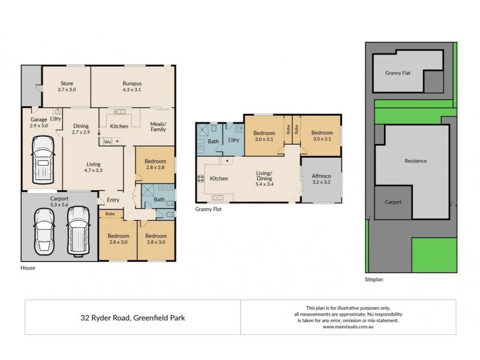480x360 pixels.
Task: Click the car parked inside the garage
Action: click(x=42, y=160)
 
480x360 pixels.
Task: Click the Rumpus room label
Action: click(x=132, y=83)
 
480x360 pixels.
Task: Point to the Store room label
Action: click(x=66, y=83)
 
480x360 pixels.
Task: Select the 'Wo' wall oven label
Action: click(x=107, y=142)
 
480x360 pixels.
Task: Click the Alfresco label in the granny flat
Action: click(x=320, y=176)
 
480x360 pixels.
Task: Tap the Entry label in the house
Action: click(x=113, y=200)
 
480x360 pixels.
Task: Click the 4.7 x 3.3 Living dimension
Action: click(x=93, y=170)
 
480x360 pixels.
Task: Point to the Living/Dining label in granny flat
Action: click(x=263, y=176)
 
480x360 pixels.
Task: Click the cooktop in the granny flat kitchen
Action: click(x=200, y=178)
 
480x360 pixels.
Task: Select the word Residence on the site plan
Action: click(x=415, y=161)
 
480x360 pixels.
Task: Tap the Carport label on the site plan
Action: click(x=393, y=202)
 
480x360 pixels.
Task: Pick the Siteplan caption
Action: click(x=375, y=280)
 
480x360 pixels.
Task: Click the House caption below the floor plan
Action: click(x=28, y=268)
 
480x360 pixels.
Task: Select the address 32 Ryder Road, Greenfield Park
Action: click(x=133, y=317)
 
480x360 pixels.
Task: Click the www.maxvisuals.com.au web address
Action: click(x=348, y=327)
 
